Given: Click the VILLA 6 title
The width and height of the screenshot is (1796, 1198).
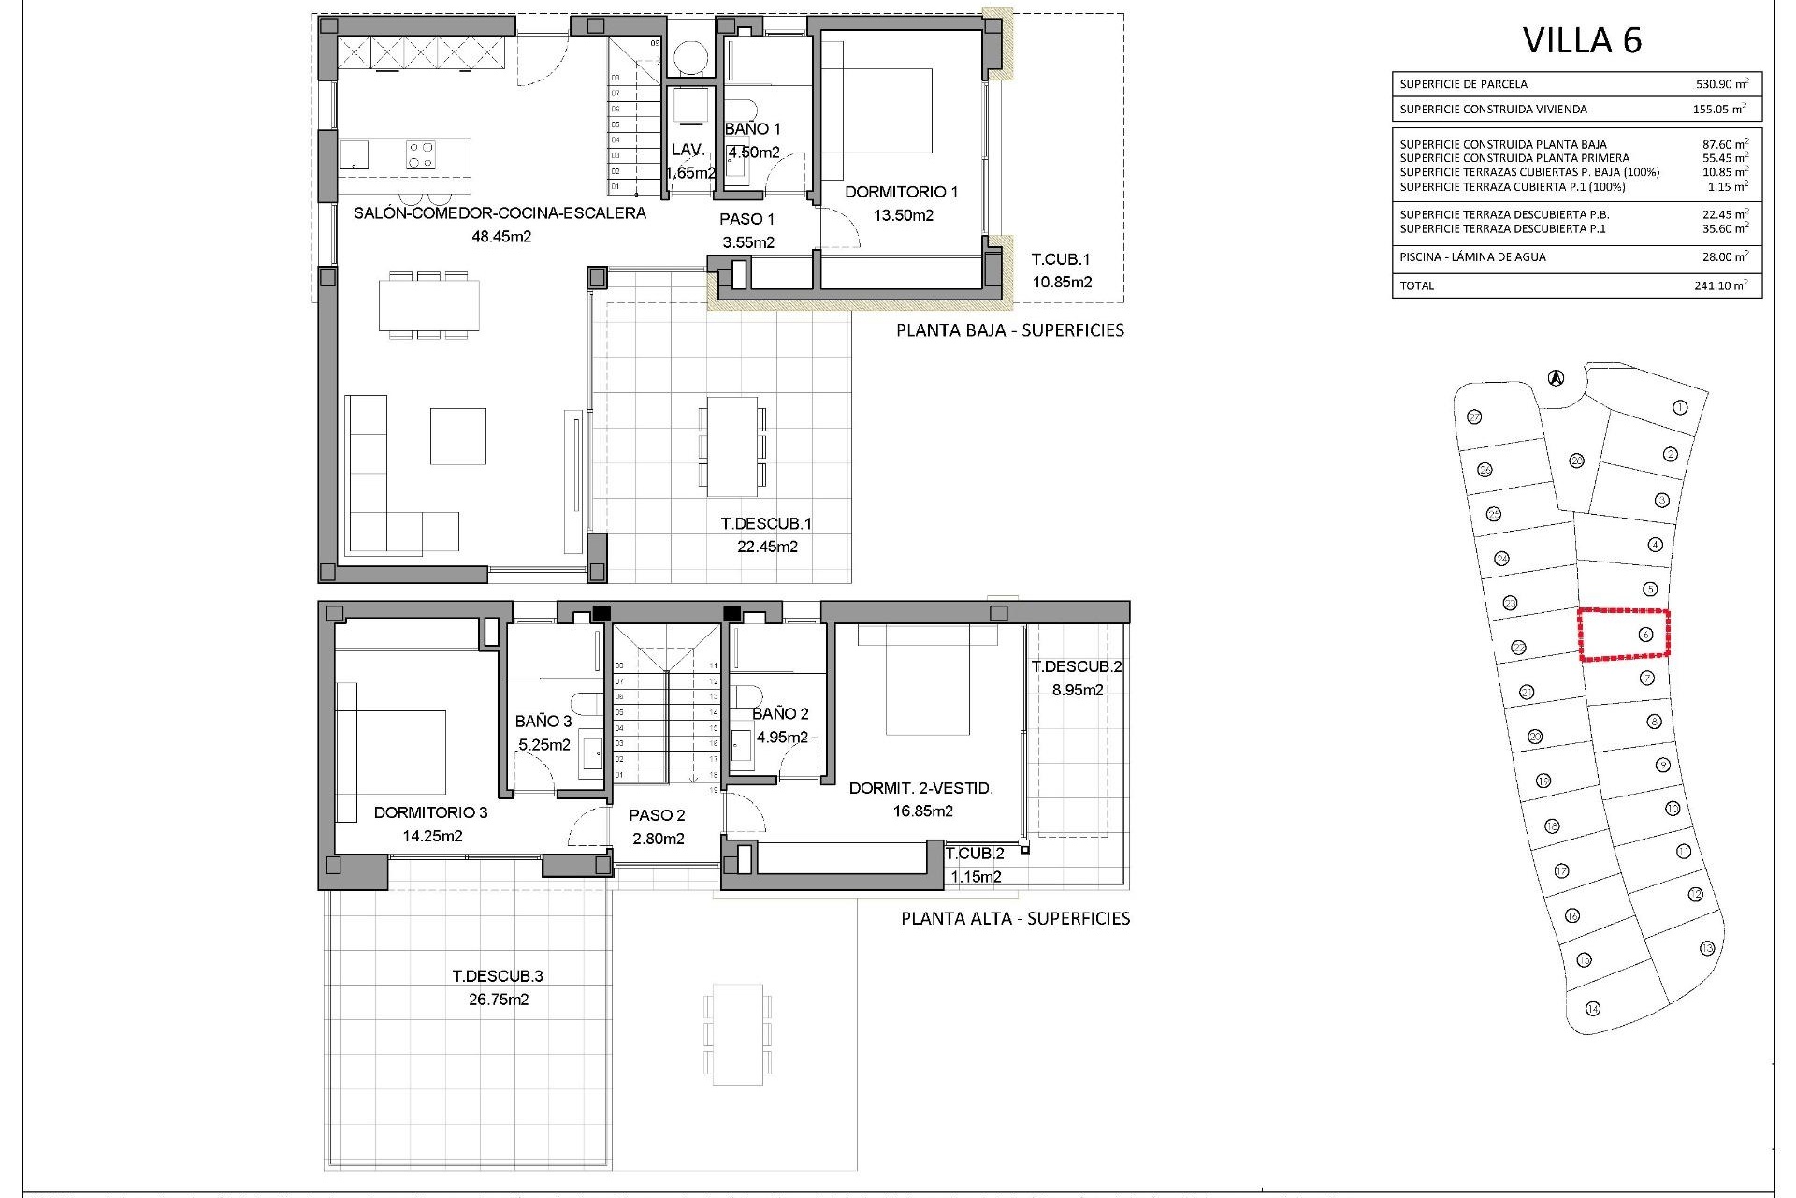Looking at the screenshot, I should tap(1582, 40).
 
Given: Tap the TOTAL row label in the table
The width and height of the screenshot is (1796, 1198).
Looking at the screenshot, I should tap(1416, 285).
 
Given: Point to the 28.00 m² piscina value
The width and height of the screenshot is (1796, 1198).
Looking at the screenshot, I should tap(1722, 256).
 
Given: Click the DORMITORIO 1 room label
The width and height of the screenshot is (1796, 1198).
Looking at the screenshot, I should tap(901, 192).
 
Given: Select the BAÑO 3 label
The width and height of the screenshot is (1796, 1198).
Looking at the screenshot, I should tap(543, 721).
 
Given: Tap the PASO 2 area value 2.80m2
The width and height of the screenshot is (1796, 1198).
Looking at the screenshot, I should tap(659, 839).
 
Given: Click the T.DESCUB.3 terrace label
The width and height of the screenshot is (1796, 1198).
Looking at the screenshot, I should tap(498, 975).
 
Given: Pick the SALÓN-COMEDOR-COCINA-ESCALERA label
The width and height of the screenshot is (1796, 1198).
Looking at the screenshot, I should tap(500, 213).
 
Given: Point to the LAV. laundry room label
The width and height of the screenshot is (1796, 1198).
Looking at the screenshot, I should tap(688, 150).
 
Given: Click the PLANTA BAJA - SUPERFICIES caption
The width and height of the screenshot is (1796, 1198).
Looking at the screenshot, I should tap(1010, 330).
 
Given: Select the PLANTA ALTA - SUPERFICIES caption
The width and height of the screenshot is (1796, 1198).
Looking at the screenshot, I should tap(1015, 918).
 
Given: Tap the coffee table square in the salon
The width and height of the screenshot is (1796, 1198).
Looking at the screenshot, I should tap(457, 435).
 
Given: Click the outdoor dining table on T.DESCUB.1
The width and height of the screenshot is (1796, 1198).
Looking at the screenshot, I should tap(732, 446).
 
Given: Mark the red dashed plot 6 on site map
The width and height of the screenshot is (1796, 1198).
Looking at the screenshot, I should tap(1624, 636).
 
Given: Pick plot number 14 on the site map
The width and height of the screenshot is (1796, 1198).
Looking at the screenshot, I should tap(1593, 1008).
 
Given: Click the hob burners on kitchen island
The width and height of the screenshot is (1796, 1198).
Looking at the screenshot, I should tap(420, 153).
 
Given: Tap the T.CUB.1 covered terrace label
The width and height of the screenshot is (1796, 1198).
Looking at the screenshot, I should tap(1061, 259).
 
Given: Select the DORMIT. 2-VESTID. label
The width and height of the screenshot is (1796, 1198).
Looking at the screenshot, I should tap(920, 788).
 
